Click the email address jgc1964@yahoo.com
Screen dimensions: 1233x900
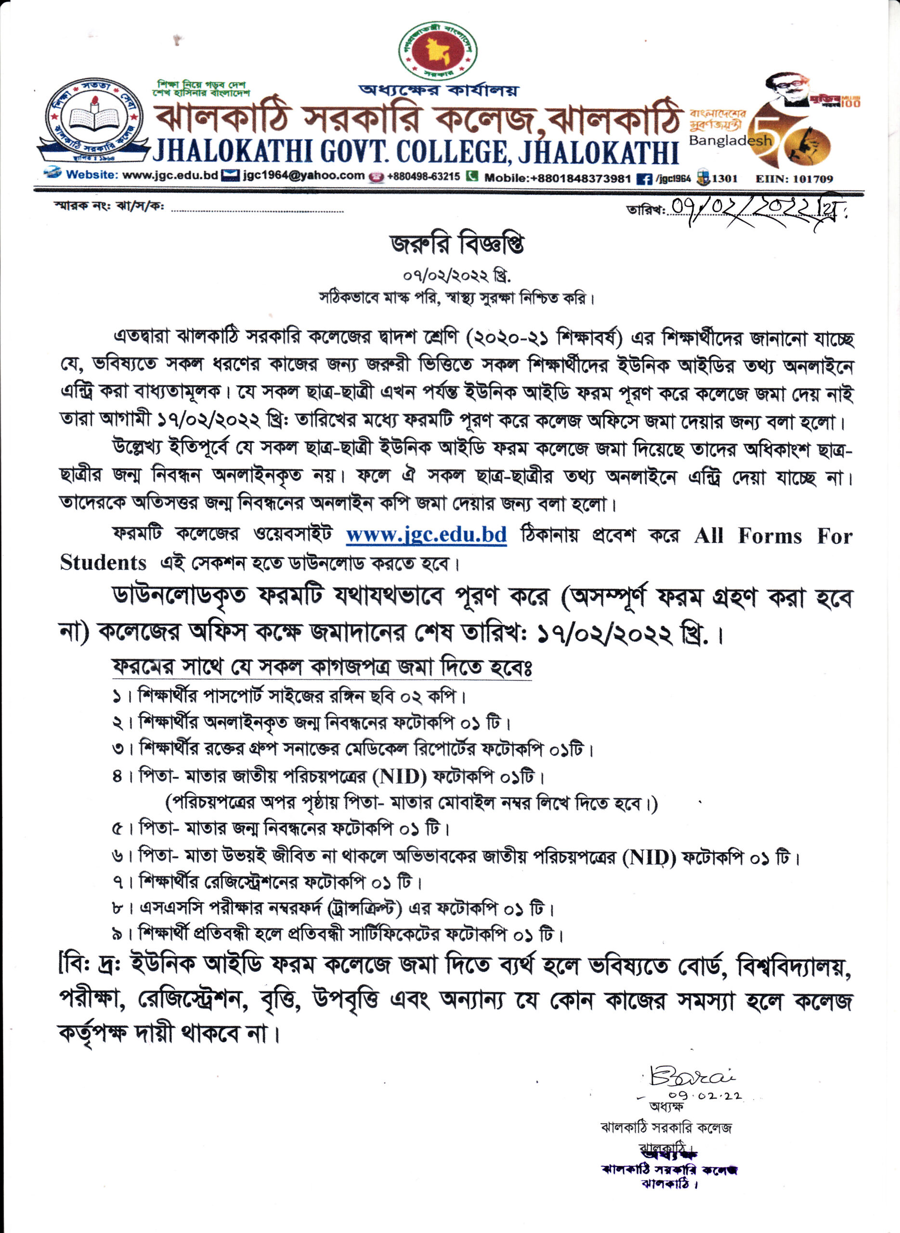click(x=303, y=175)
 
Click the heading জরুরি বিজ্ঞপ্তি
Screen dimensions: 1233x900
click(x=457, y=245)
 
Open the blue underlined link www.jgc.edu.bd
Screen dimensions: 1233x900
click(x=426, y=535)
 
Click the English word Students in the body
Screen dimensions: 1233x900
click(x=103, y=562)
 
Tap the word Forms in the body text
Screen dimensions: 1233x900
click(x=769, y=536)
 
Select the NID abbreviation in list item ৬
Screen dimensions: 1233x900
click(x=649, y=859)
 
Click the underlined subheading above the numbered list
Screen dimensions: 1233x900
click(x=322, y=667)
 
